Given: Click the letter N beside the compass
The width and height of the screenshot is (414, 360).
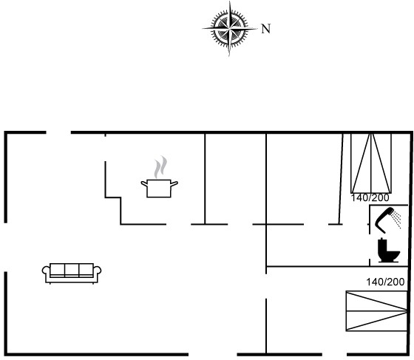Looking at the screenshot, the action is pyautogui.click(x=266, y=29).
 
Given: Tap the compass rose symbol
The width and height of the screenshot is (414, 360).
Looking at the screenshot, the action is pyautogui.click(x=230, y=28).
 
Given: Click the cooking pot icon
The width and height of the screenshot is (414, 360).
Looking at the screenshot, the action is pyautogui.click(x=159, y=188).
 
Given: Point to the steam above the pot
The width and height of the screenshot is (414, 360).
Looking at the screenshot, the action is pyautogui.click(x=161, y=167).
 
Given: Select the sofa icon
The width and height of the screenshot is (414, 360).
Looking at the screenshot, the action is pyautogui.click(x=72, y=274).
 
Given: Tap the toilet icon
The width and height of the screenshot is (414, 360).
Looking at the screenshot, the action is pyautogui.click(x=388, y=250).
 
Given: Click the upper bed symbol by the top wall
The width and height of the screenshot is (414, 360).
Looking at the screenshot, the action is pyautogui.click(x=371, y=163).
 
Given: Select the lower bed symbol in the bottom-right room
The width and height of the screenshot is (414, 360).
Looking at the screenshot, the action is pyautogui.click(x=377, y=311).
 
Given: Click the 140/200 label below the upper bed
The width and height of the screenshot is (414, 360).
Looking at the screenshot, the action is pyautogui.click(x=370, y=197).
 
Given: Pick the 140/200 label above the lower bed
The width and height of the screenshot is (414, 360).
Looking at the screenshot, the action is pyautogui.click(x=385, y=282).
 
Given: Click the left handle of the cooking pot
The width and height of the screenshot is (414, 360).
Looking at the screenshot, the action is pyautogui.click(x=144, y=183).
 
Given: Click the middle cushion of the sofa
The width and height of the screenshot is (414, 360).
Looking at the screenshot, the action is pyautogui.click(x=72, y=270).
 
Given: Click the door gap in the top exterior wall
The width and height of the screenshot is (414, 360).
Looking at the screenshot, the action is pyautogui.click(x=58, y=132).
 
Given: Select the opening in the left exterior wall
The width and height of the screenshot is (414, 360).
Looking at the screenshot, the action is pyautogui.click(x=6, y=247).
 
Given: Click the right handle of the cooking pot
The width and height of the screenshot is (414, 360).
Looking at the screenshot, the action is pyautogui.click(x=174, y=183).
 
